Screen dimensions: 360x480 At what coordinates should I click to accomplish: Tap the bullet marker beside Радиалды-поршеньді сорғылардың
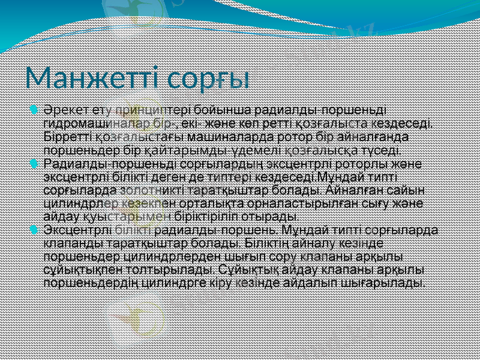pos(34,163)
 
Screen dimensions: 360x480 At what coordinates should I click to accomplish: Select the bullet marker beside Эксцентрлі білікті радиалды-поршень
pos(34,230)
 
